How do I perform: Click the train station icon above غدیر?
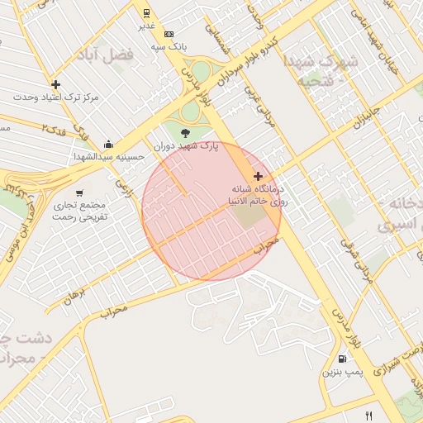pos(146,13)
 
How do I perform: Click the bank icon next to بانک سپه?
pos(169,35)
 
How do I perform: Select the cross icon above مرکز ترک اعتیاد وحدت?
pos(55,84)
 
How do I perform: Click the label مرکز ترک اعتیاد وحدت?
pos(55,97)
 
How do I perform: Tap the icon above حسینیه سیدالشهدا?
pos(109,145)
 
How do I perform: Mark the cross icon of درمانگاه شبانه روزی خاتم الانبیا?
pos(259,176)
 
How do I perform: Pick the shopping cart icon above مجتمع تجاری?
pos(79,192)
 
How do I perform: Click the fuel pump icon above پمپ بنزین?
pos(342,359)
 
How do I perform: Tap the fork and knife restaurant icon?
pos(369,416)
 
